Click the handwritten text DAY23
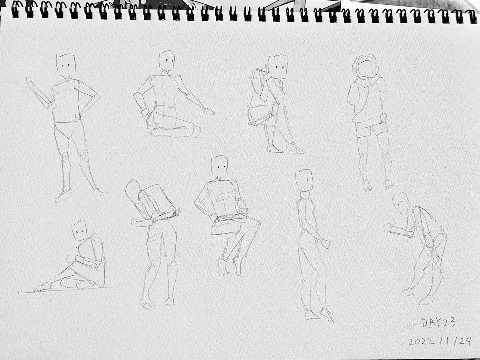[438, 323]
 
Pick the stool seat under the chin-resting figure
[262, 115]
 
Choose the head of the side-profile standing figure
[304, 180]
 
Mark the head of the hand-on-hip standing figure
[66, 65]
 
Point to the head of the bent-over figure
[401, 204]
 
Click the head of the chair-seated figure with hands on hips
[219, 166]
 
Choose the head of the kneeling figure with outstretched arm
[167, 61]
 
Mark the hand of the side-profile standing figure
[326, 244]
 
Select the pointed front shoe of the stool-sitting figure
[296, 148]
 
